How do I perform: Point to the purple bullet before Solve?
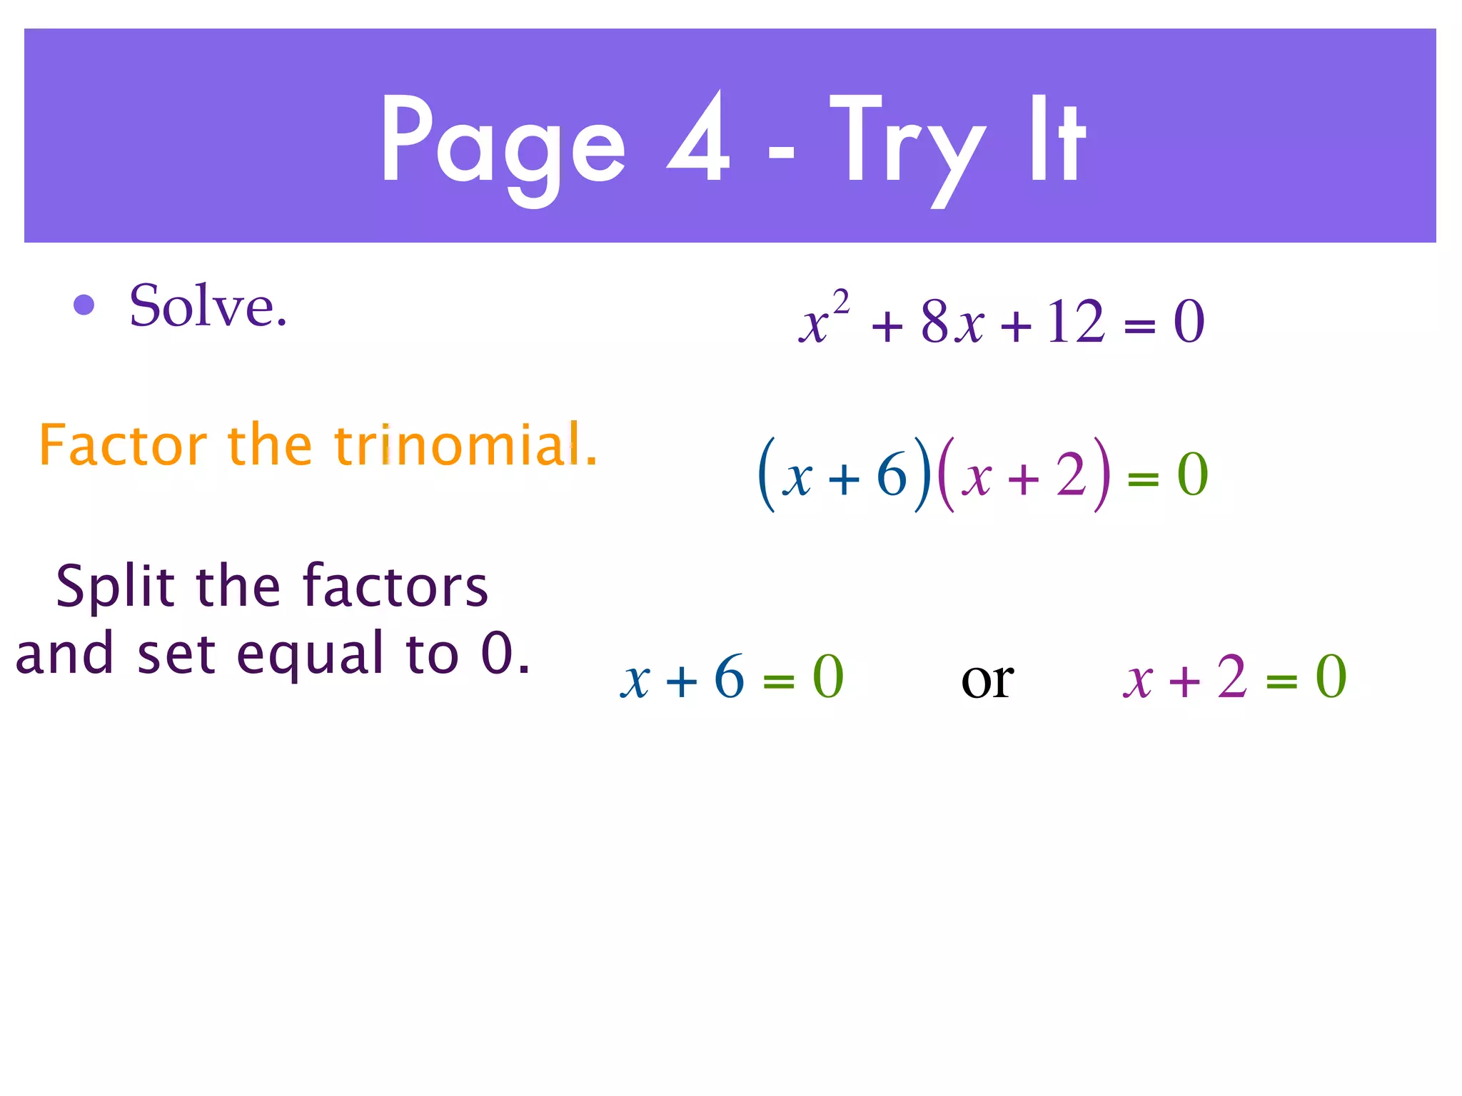pyautogui.click(x=84, y=305)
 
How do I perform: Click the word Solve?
pyautogui.click(x=208, y=306)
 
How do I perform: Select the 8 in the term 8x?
pyautogui.click(x=934, y=322)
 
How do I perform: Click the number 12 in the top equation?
pyautogui.click(x=1076, y=322)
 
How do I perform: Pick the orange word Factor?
pyautogui.click(x=123, y=445)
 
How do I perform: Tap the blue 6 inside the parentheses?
pyautogui.click(x=892, y=475)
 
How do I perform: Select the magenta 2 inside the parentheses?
pyautogui.click(x=1071, y=475)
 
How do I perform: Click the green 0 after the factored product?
pyautogui.click(x=1192, y=475)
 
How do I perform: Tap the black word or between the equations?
pyautogui.click(x=987, y=679)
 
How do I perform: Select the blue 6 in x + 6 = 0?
pyautogui.click(x=729, y=677)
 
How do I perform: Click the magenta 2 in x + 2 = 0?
pyautogui.click(x=1232, y=677)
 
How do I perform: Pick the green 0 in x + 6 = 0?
pyautogui.click(x=828, y=677)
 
